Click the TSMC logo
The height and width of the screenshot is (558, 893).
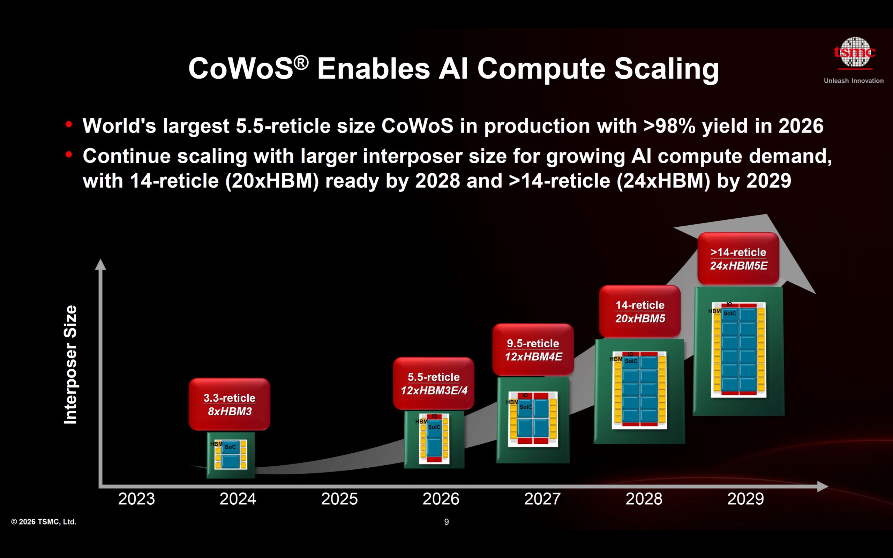855,53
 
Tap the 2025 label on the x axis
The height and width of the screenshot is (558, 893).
339,499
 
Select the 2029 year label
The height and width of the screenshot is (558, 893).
745,499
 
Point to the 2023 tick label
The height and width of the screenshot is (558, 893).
136,499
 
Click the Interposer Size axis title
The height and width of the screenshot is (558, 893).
70,365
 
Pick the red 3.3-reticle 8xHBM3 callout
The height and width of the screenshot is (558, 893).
229,404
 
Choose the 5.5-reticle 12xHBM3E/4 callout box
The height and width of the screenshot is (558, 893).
434,383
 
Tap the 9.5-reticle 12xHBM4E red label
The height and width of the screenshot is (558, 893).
533,349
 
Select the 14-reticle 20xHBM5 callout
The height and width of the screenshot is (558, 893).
639,311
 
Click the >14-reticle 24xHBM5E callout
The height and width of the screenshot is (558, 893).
738,258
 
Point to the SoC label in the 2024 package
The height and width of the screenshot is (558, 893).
230,447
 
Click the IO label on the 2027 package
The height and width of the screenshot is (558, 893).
525,395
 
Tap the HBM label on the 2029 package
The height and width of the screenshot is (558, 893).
714,311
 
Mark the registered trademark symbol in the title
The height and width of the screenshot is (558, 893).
301,62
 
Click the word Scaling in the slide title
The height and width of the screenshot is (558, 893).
666,69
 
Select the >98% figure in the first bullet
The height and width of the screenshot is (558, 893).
669,126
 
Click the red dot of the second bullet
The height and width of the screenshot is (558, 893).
69,154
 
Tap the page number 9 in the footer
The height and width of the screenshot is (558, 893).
446,522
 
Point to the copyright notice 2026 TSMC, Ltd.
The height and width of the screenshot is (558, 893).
44,522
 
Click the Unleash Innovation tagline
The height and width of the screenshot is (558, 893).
854,81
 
